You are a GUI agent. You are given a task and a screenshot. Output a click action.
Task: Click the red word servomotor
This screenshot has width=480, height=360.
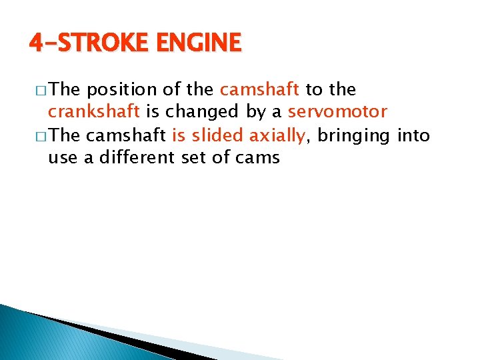(x=337, y=112)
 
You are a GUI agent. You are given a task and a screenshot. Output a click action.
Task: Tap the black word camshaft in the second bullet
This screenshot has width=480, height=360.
(x=127, y=136)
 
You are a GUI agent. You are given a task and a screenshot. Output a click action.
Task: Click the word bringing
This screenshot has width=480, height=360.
(x=354, y=136)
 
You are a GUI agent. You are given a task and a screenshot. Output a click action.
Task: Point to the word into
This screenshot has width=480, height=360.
(x=413, y=136)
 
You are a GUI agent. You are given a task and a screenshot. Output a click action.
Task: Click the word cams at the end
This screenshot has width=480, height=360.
(x=257, y=159)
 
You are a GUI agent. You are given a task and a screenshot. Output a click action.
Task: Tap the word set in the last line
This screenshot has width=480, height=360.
(x=195, y=159)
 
